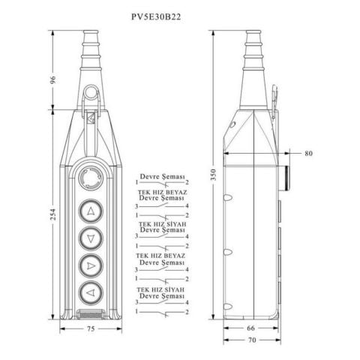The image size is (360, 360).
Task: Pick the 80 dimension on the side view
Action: (x=308, y=154)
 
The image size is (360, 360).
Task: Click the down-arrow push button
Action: (x=91, y=238)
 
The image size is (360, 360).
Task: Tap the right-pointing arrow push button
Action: (x=91, y=265)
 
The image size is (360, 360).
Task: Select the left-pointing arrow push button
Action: (x=91, y=292)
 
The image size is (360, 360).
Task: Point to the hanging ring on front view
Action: (x=91, y=94)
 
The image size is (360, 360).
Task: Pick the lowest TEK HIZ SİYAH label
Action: (x=161, y=288)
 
